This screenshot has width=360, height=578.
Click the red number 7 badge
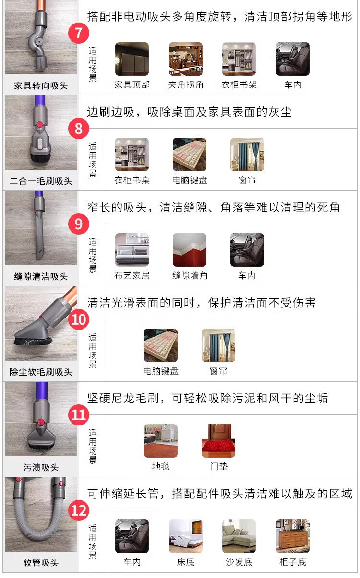point(79,33)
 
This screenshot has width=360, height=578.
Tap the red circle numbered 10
point(79,319)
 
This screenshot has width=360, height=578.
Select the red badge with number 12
point(79,510)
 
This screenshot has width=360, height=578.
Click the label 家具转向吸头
point(41,85)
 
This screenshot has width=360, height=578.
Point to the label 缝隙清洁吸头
point(41,276)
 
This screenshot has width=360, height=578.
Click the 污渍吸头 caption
point(41,467)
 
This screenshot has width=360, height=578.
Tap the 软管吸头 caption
point(41,563)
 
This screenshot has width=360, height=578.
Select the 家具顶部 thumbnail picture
point(132,59)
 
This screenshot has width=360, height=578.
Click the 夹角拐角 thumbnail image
point(186,59)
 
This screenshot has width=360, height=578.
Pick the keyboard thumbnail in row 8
point(190,154)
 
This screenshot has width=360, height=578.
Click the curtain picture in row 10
point(218,345)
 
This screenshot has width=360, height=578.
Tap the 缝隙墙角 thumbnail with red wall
point(190,250)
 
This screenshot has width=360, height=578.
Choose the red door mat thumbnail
point(218,441)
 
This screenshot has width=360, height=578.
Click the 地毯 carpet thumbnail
point(161,441)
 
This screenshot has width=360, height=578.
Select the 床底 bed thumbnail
point(186,536)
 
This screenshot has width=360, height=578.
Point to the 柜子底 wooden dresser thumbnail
point(293,536)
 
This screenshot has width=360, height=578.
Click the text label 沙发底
point(239,562)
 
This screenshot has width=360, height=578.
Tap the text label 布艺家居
point(132,276)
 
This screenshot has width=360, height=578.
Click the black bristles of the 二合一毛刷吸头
point(41,158)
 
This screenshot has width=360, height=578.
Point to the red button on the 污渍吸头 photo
point(40,423)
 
